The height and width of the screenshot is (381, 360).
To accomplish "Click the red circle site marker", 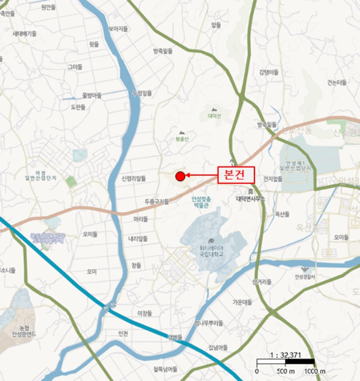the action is (x=180, y=175).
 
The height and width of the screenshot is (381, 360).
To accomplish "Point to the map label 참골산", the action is (x=182, y=139).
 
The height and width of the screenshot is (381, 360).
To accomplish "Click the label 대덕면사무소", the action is (x=250, y=199).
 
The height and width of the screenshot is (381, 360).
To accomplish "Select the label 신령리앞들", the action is (x=134, y=178).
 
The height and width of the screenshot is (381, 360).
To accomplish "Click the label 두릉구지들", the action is (x=157, y=201).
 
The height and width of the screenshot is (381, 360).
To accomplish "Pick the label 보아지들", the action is (x=118, y=28).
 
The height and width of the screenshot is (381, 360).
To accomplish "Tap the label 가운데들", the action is (x=243, y=302).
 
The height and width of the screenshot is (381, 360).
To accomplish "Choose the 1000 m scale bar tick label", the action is (x=314, y=371).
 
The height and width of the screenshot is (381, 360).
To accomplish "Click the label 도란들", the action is (x=78, y=107).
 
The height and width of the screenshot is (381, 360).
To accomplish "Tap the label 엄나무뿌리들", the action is (x=208, y=323).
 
